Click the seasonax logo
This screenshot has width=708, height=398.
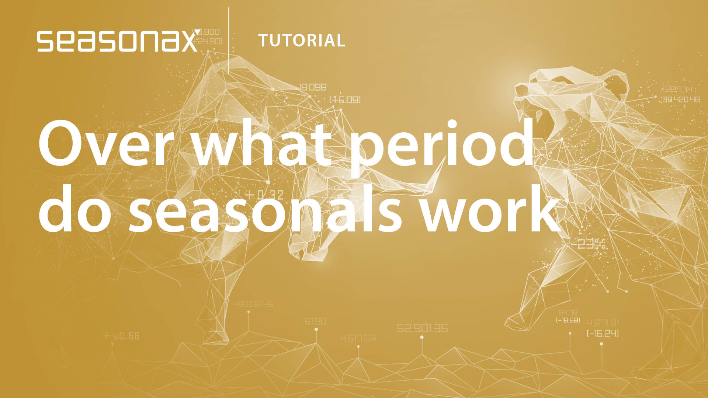[117, 41]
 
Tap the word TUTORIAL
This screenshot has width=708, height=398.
[302, 41]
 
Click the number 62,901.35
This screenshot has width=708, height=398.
[422, 328]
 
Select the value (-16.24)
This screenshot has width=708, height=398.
[603, 334]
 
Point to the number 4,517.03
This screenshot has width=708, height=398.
[358, 338]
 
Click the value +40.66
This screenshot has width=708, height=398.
[121, 336]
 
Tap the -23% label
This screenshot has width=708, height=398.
[589, 244]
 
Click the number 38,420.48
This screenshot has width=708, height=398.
[681, 99]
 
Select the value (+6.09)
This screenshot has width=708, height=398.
[345, 100]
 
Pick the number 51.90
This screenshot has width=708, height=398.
[315, 321]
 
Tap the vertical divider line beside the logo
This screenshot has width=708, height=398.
[229, 41]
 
